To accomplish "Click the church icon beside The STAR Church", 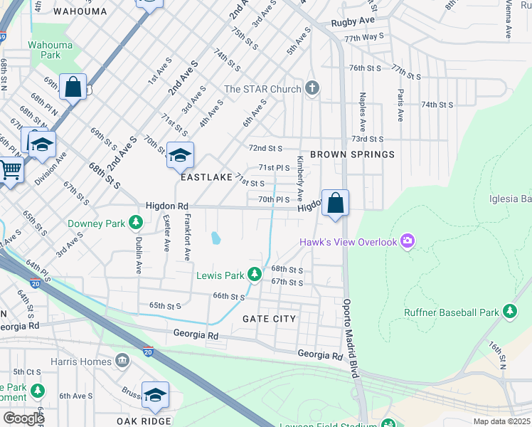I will click(x=311, y=88).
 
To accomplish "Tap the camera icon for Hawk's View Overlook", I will click(x=407, y=242).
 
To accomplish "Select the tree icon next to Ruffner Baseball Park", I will click(x=509, y=312).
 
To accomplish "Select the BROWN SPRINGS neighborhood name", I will click(x=351, y=154).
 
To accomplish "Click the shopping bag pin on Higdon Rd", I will click(x=336, y=204).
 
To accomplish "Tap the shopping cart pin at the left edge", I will click(x=10, y=171).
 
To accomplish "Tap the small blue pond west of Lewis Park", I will click(x=214, y=238).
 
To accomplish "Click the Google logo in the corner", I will click(x=23, y=418).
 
